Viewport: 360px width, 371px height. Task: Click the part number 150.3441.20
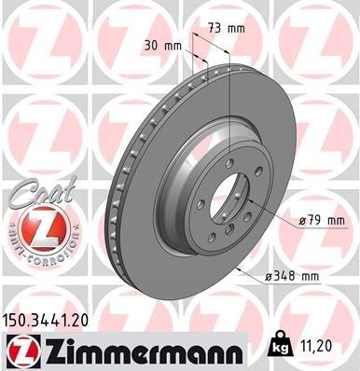(49, 321)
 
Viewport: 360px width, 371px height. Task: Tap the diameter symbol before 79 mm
(305, 221)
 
